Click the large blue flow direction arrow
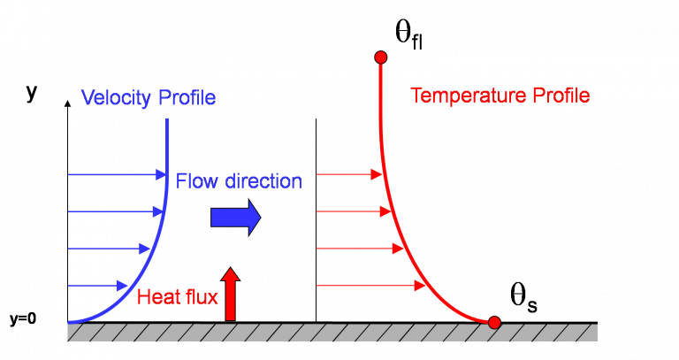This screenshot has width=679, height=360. pyautogui.click(x=235, y=218)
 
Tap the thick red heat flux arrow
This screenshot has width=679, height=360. pyautogui.click(x=231, y=295)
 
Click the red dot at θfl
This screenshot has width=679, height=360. pyautogui.click(x=381, y=57)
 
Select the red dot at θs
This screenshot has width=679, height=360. pyautogui.click(x=494, y=322)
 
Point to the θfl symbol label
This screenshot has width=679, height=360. pyautogui.click(x=408, y=35)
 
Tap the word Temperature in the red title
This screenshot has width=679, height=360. pyautogui.click(x=469, y=96)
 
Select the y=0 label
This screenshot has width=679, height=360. pyautogui.click(x=23, y=319)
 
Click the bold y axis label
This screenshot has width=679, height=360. pyautogui.click(x=32, y=93)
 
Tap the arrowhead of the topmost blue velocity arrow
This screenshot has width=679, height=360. pyautogui.click(x=161, y=175)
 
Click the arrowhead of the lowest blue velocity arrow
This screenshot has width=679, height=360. pyautogui.click(x=122, y=286)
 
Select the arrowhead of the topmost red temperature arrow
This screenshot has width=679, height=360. pyautogui.click(x=377, y=174)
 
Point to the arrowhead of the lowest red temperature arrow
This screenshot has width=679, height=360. pyautogui.click(x=420, y=286)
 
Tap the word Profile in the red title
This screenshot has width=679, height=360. pyautogui.click(x=561, y=96)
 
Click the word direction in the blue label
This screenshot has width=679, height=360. pyautogui.click(x=263, y=181)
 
